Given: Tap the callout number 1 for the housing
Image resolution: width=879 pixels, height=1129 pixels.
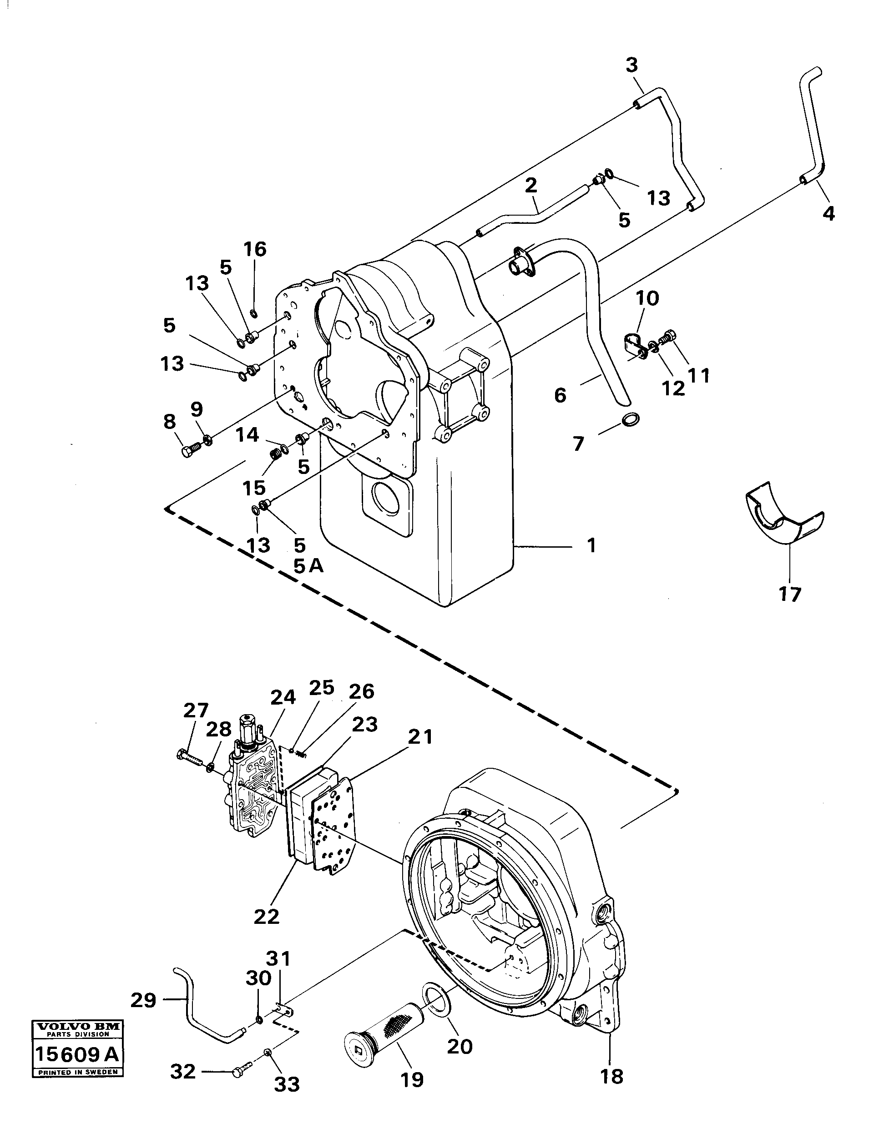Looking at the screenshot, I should point(591,545).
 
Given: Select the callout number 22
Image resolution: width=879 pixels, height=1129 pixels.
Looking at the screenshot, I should point(266,917).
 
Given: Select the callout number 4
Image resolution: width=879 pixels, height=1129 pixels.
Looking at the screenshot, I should point(828,213).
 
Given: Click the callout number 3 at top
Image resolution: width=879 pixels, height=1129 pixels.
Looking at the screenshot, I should point(631,66).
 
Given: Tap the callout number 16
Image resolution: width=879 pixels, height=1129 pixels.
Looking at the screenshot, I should point(255,249).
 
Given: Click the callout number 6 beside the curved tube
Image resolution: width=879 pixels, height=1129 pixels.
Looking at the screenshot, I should point(560,395).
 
